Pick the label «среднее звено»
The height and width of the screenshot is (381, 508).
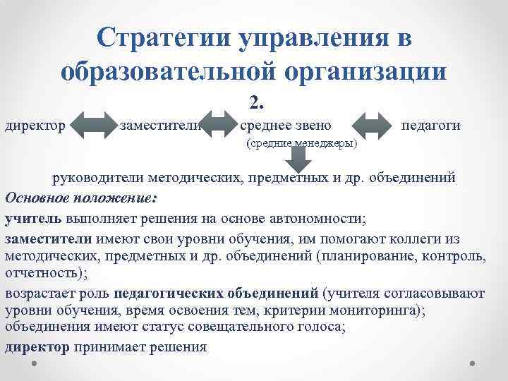[285, 126]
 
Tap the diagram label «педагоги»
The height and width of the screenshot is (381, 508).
[430, 126]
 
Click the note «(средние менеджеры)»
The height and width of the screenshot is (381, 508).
[301, 143]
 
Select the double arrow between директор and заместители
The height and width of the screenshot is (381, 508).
[90, 126]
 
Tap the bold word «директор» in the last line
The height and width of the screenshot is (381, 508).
[37, 347]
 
